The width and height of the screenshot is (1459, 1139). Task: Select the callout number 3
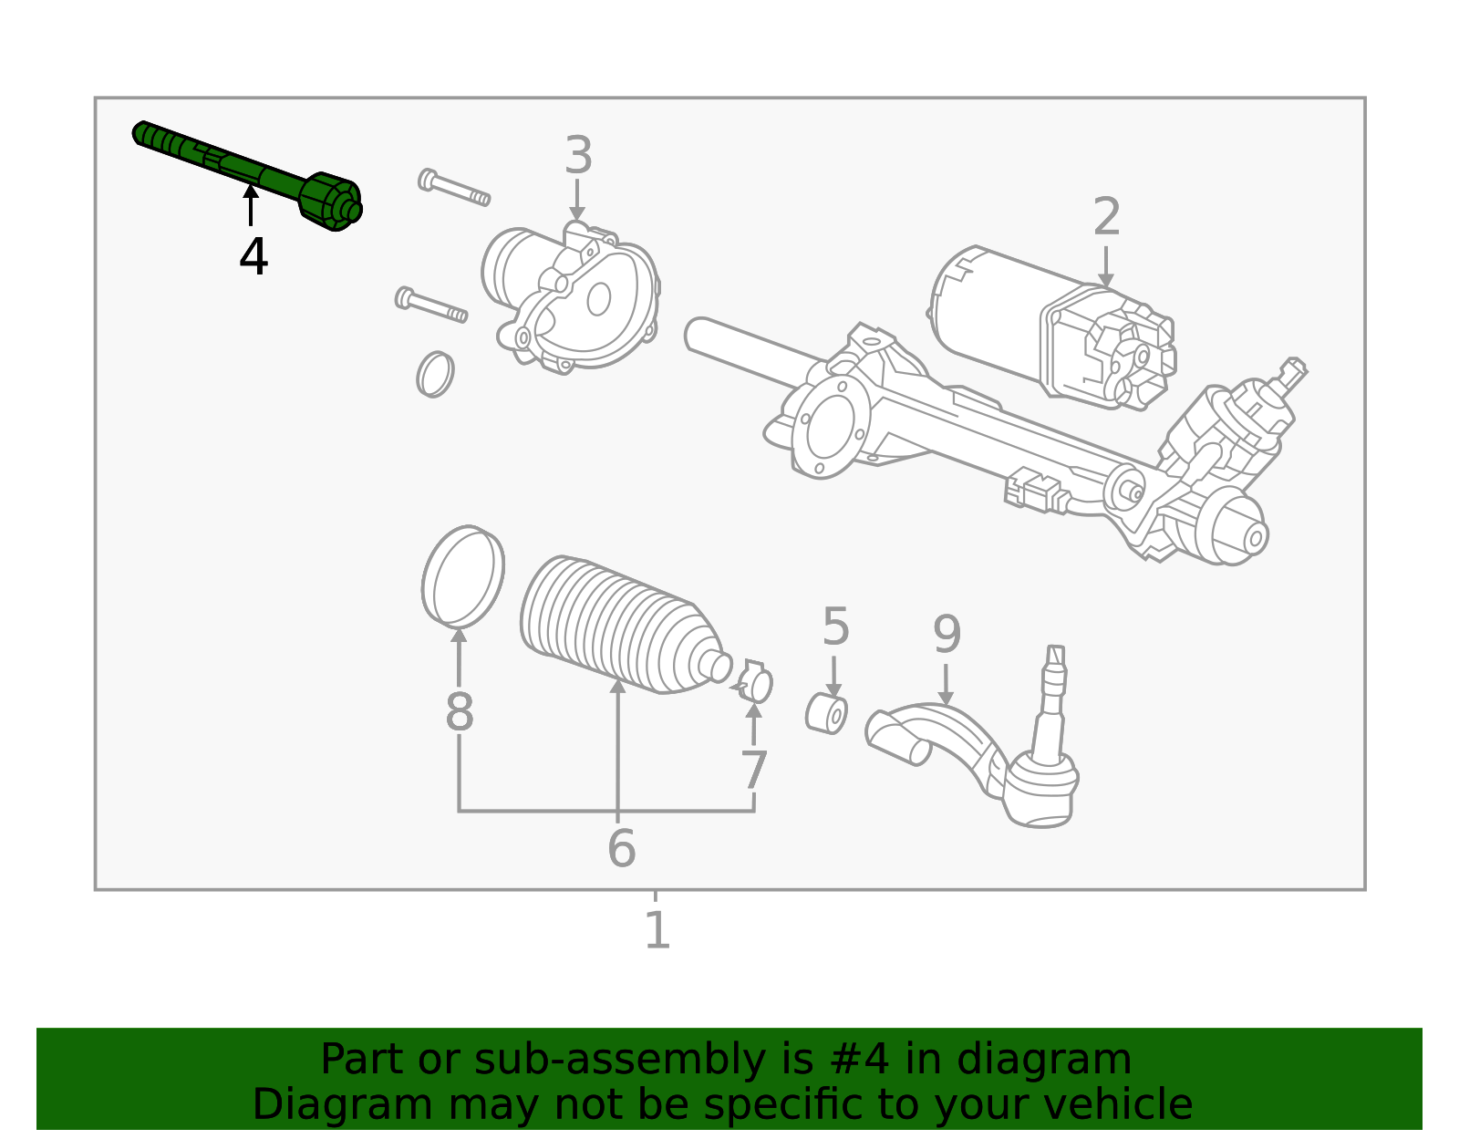578,156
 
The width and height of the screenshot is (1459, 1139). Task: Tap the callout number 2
1106,218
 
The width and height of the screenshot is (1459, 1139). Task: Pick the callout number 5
835,627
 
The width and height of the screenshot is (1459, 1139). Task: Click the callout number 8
460,712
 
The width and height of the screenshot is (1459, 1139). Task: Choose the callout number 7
753,771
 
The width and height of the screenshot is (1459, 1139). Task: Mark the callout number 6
621,848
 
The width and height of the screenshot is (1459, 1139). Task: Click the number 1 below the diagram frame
657,931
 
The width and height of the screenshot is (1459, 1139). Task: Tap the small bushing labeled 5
827,713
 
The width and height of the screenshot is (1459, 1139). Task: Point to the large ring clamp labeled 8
463,575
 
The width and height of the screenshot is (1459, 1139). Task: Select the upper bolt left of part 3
454,188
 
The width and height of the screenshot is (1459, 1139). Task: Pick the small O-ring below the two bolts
435,374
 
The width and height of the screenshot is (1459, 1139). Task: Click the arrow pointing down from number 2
1106,265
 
